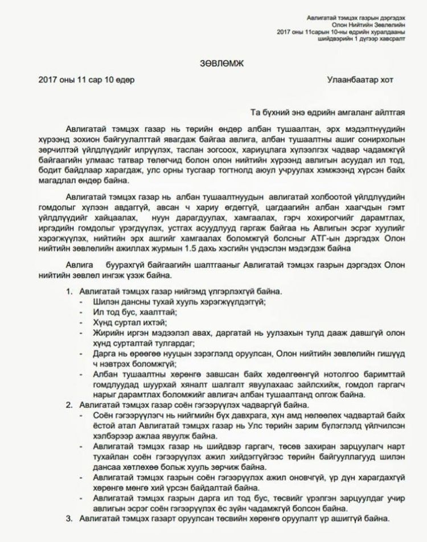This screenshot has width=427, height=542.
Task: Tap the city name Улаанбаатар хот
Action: [360, 80]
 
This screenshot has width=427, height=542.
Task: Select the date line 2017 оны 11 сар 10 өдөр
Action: [87, 80]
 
